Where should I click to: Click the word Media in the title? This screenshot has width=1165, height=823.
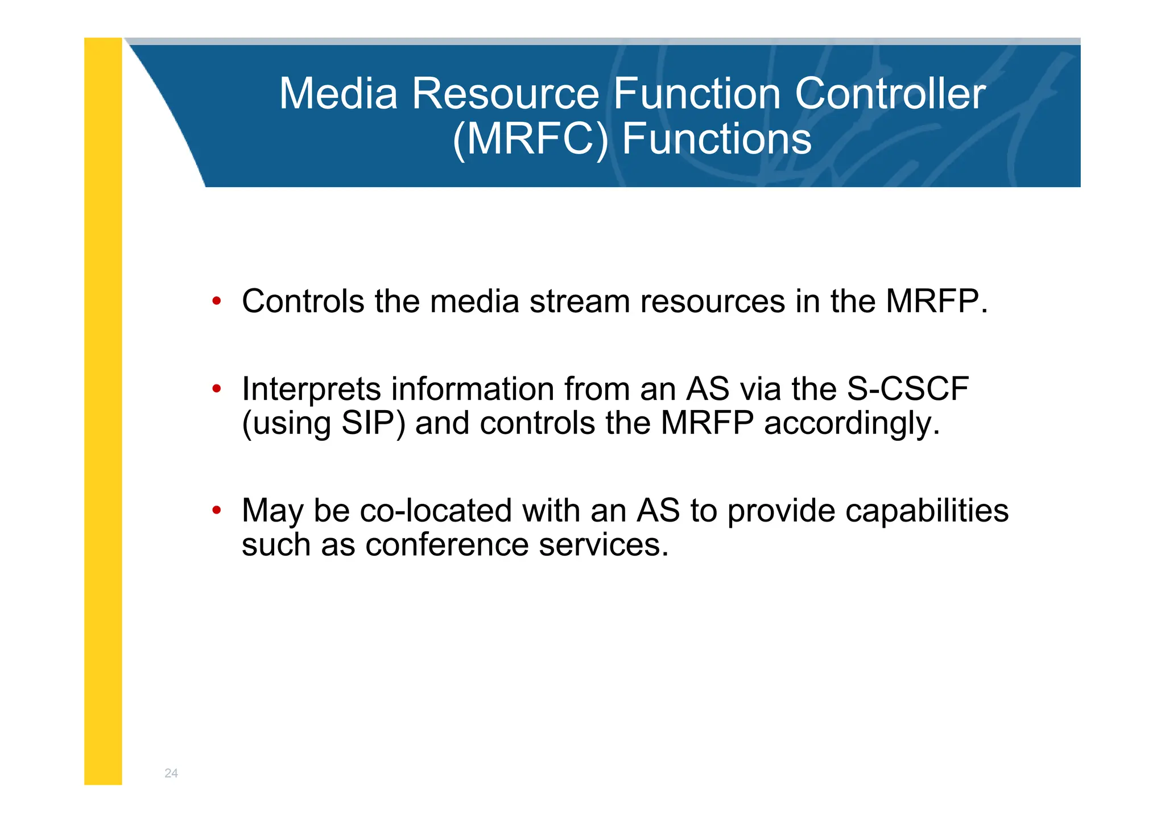pos(338,94)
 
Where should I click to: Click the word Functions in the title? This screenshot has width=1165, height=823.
pos(716,139)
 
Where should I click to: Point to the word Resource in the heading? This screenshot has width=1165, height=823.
pos(505,94)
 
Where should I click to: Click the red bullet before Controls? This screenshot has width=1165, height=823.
pos(216,301)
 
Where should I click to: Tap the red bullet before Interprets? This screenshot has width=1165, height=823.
pos(216,390)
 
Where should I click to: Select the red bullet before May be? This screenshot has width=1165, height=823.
pos(216,510)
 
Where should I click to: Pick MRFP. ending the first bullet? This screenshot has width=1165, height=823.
pos(936,301)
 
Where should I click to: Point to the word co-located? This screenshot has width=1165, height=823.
pos(436,510)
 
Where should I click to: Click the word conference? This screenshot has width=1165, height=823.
pos(447,545)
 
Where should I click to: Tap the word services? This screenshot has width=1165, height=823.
pos(604,545)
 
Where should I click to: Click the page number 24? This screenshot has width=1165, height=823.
pos(171,773)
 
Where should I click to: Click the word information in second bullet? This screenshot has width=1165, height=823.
pos(473,390)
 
